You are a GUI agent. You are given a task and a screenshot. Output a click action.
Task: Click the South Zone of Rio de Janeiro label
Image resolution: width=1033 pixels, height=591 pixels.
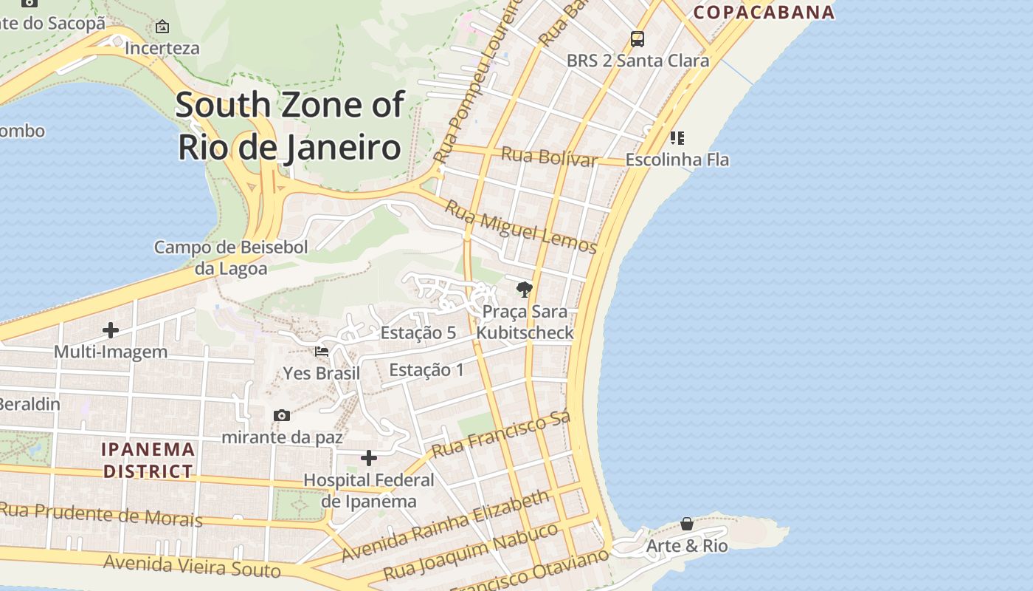click(x=290, y=126)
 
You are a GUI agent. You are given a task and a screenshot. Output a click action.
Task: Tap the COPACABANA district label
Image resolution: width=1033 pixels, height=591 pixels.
click(x=764, y=12)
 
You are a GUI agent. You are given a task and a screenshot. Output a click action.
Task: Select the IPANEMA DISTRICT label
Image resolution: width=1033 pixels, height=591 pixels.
click(x=148, y=460)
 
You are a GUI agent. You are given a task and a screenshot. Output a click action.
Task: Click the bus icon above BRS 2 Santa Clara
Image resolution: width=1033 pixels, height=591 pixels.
click(x=638, y=39)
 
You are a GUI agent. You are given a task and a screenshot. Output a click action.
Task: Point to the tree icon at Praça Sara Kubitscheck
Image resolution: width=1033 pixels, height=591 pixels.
click(x=525, y=289)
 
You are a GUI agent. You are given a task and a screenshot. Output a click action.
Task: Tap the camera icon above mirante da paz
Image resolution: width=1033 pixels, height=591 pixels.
click(x=281, y=415)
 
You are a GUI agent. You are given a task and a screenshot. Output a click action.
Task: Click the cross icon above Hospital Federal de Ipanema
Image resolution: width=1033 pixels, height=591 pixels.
click(x=369, y=458)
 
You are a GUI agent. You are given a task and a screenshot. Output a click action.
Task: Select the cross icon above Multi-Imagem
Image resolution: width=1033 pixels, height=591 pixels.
click(x=111, y=329)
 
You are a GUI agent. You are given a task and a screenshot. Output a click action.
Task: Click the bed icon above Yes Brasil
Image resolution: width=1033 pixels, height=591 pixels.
click(x=322, y=351)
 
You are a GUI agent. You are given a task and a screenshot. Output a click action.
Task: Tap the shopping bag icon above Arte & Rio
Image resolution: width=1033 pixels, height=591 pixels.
click(x=687, y=524)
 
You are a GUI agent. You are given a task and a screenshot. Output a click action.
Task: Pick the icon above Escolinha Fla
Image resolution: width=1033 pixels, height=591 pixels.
click(x=677, y=138)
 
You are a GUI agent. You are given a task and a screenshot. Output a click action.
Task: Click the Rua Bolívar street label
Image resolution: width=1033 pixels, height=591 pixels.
click(x=549, y=157)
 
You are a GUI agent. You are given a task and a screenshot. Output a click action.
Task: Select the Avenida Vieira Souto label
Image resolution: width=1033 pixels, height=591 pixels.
click(x=192, y=566)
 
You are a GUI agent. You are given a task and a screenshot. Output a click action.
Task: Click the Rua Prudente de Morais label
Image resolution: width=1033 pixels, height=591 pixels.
click(x=100, y=514)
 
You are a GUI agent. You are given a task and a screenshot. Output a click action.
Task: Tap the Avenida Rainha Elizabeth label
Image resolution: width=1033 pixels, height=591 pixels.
click(x=446, y=525)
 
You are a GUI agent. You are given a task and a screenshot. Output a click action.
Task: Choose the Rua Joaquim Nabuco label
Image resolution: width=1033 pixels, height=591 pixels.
click(x=471, y=552)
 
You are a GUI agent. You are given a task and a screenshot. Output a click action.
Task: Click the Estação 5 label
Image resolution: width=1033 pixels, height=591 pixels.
click(x=418, y=332)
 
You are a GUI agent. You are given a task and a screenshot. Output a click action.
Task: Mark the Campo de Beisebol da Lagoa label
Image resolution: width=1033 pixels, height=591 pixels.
click(x=230, y=257)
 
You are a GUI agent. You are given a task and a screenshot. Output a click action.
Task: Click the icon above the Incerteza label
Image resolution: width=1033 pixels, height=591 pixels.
click(x=162, y=27)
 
